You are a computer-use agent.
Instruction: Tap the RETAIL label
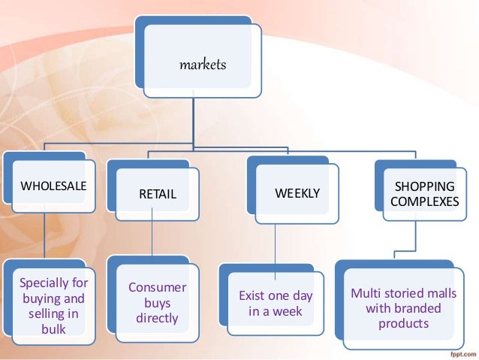tap(158, 195)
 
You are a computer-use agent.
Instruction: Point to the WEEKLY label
tap(297, 193)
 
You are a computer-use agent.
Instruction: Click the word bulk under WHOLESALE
tap(53, 328)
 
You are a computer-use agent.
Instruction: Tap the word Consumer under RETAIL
tap(158, 288)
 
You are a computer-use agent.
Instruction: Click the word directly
tap(158, 318)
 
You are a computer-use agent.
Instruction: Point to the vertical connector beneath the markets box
tap(193, 120)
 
